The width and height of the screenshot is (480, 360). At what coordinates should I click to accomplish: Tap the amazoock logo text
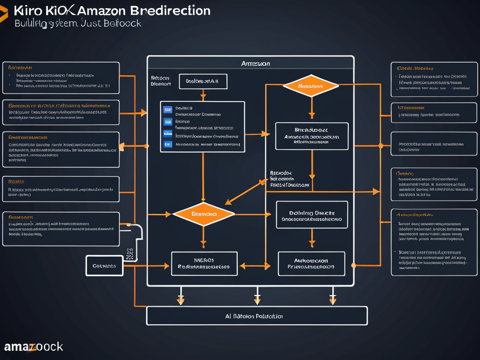[33, 347]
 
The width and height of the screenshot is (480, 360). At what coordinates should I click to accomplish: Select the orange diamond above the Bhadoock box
[311, 86]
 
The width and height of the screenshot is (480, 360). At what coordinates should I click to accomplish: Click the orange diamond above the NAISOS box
[203, 214]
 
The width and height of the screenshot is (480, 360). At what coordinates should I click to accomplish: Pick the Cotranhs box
[105, 266]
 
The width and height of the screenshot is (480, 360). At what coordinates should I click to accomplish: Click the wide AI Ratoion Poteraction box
[256, 316]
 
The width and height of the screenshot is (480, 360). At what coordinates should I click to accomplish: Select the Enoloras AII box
[202, 81]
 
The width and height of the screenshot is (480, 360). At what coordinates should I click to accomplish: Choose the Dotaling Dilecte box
[312, 215]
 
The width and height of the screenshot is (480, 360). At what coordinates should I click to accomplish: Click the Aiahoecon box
[311, 263]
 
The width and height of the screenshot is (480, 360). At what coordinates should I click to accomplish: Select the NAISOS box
[204, 263]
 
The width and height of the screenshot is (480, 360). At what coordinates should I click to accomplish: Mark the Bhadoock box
[312, 136]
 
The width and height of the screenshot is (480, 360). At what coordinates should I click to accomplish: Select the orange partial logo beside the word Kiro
[3, 15]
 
